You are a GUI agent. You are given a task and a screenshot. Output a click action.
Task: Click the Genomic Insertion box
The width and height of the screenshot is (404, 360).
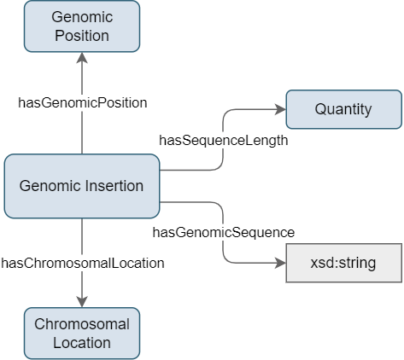tap(82, 186)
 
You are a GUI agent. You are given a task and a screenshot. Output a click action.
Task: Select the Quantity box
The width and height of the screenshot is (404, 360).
tap(344, 109)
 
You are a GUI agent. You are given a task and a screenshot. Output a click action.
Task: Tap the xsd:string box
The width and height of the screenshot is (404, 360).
tap(344, 263)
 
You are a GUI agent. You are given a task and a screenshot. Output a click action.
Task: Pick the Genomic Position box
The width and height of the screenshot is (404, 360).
tap(82, 26)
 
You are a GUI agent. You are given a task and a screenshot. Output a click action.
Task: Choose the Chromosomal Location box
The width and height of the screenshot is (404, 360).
tap(82, 334)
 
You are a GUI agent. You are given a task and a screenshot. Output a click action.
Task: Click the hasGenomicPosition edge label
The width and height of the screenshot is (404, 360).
tap(83, 103)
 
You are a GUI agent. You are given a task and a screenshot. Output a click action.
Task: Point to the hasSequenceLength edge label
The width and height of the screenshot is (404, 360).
tap(224, 141)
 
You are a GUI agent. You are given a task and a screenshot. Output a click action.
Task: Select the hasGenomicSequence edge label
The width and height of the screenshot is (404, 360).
tap(224, 233)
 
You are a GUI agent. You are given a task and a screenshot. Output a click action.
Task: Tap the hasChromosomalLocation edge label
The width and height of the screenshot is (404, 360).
tap(83, 264)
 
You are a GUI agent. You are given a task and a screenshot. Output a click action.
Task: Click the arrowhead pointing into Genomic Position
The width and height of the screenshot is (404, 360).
tap(82, 58)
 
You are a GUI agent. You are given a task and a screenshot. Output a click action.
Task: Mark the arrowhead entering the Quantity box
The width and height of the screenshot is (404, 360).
tap(280, 109)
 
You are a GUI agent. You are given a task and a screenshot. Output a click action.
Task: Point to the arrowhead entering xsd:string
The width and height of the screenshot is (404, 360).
tap(280, 263)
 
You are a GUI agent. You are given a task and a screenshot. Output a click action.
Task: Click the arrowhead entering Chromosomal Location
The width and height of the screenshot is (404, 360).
tap(82, 302)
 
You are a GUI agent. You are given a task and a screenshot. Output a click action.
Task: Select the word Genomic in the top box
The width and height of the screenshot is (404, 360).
tap(82, 17)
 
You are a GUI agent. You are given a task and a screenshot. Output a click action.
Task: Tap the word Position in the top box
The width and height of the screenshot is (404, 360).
tap(82, 36)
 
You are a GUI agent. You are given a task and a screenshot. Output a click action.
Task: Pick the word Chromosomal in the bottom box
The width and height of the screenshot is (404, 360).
tap(82, 324)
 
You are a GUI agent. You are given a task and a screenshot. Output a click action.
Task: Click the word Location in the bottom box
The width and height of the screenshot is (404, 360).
tap(82, 343)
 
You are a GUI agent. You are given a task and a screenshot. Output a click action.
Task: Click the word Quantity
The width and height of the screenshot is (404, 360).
tap(343, 109)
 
